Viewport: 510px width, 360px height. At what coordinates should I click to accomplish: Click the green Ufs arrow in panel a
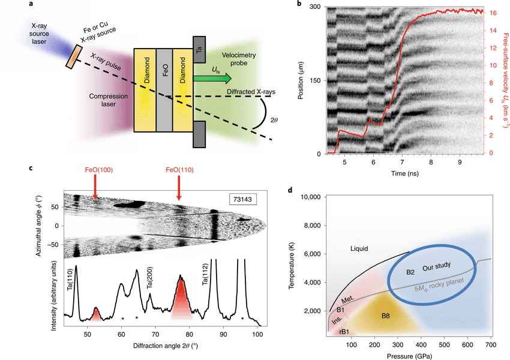[x=212, y=79]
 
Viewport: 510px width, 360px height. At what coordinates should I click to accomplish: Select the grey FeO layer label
[x=165, y=70]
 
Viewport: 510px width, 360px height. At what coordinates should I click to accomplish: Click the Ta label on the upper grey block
[x=199, y=49]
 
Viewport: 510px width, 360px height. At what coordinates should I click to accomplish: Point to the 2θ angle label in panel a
[x=274, y=120]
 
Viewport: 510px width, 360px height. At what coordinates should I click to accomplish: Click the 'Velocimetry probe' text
[x=239, y=59]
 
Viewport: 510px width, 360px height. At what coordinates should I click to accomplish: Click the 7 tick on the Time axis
[x=402, y=162]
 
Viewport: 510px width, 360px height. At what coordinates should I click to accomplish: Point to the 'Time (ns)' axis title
[x=404, y=173]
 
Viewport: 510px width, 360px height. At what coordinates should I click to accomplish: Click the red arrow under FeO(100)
[x=95, y=187]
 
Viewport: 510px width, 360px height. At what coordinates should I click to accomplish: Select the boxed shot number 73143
[x=242, y=199]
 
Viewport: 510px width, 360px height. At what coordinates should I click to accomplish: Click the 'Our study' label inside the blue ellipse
[x=436, y=266]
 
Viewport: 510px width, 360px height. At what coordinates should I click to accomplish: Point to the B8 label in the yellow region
[x=385, y=316]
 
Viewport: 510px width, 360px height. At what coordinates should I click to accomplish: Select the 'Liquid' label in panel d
[x=359, y=249]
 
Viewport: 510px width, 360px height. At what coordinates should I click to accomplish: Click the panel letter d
[x=290, y=190]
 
